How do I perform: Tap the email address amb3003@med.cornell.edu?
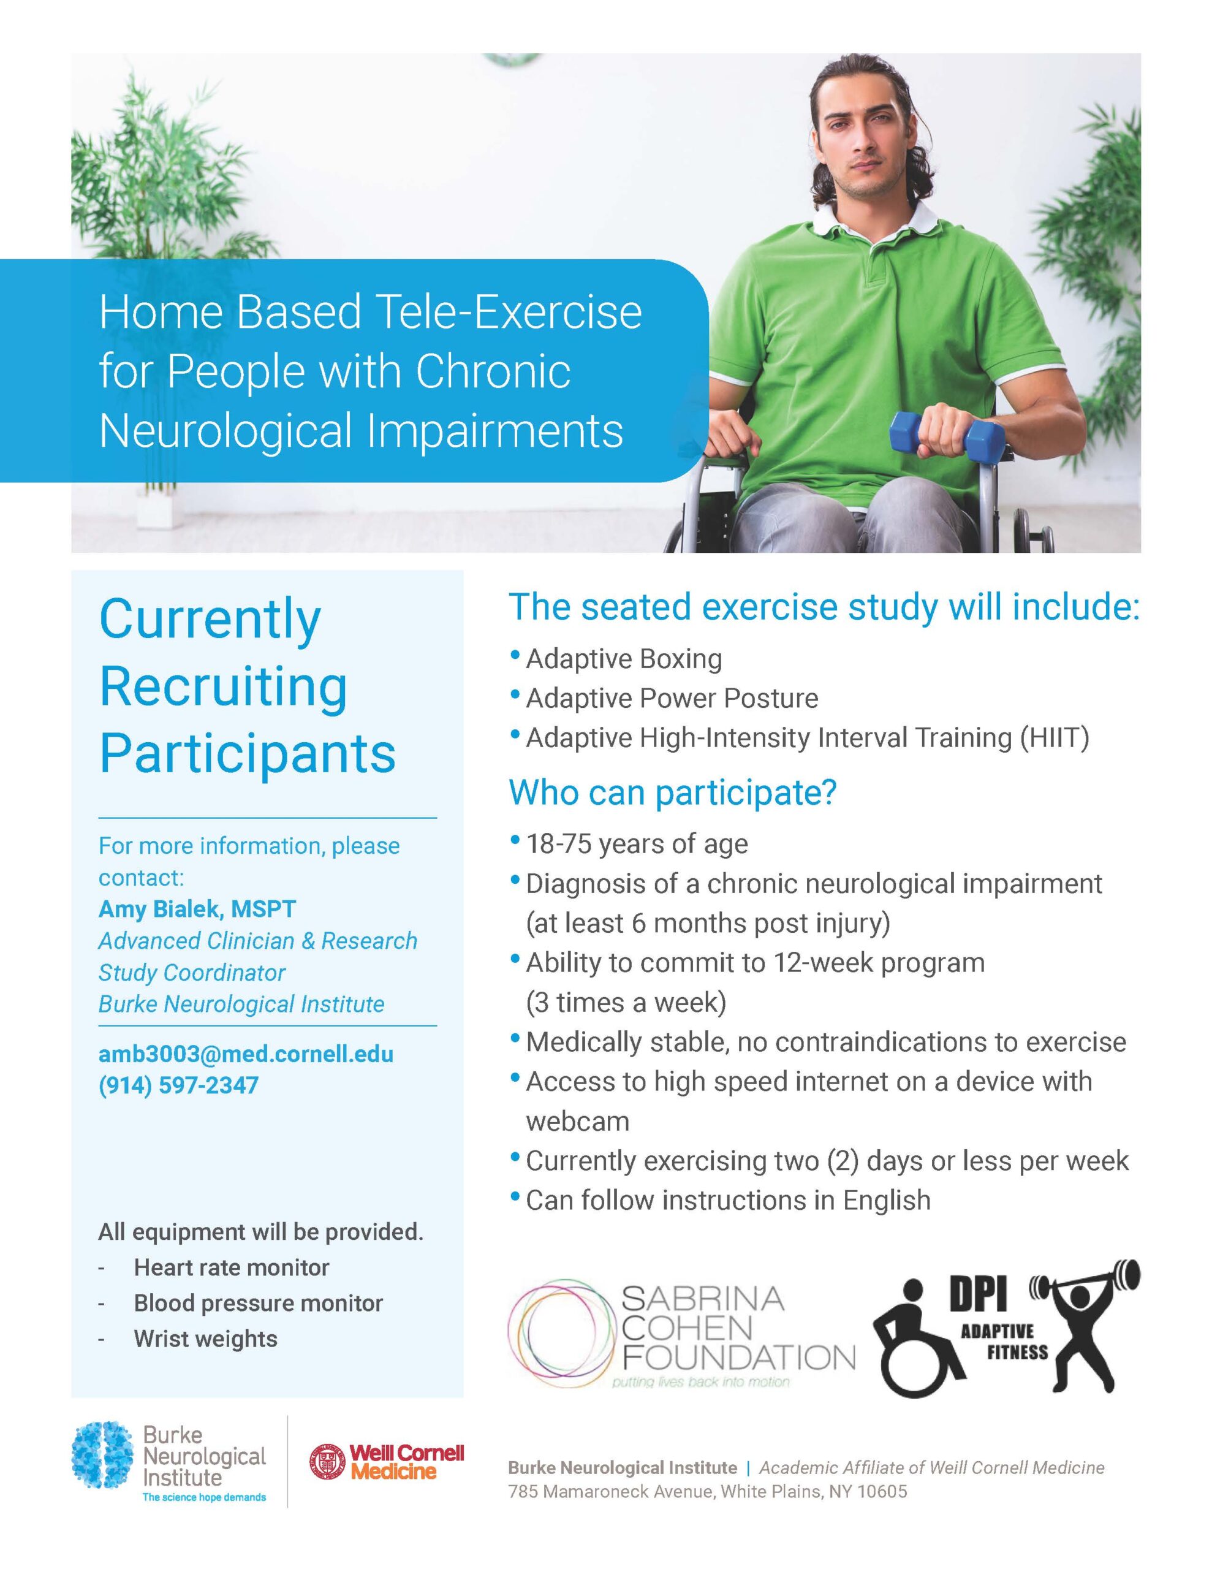pos(246,1054)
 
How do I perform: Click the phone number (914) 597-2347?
pos(178,1085)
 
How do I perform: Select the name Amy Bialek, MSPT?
pos(197,909)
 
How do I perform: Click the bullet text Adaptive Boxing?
pos(624,659)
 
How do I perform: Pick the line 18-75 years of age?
pos(637,843)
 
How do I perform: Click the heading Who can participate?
pos(672,792)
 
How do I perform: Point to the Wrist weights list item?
pos(205,1339)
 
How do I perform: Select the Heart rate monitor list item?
pos(232,1267)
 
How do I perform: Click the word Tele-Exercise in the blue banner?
pos(509,313)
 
